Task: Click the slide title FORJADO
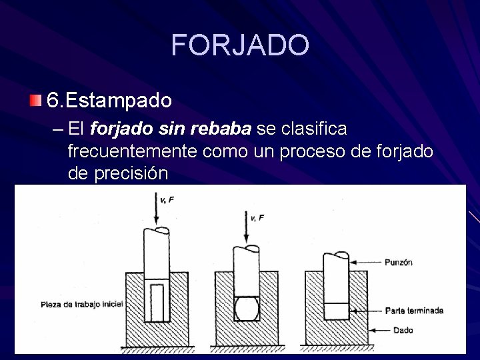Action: click(x=240, y=45)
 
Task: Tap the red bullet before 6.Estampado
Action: click(x=35, y=101)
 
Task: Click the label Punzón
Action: click(x=398, y=263)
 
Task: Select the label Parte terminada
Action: click(x=414, y=311)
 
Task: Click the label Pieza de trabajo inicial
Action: click(x=81, y=304)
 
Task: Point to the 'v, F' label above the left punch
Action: click(x=166, y=199)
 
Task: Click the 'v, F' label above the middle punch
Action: click(x=257, y=217)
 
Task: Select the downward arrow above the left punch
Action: click(x=155, y=209)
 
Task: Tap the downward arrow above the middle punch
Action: click(x=247, y=227)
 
